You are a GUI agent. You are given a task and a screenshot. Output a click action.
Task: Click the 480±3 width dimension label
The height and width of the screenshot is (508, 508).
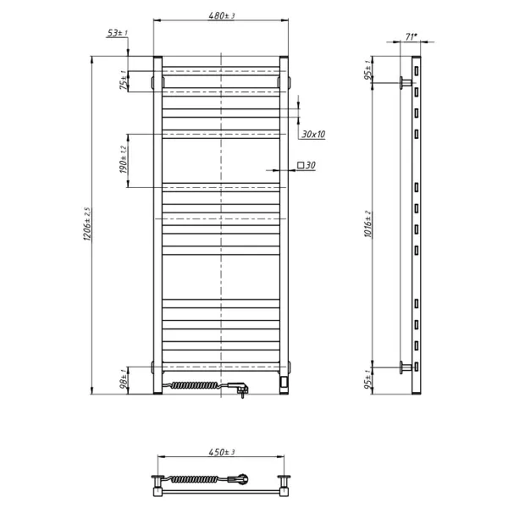[220, 15]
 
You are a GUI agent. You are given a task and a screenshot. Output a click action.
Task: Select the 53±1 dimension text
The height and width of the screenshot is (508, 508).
[116, 33]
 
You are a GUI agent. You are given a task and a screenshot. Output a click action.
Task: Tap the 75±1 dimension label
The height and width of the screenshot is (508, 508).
[123, 81]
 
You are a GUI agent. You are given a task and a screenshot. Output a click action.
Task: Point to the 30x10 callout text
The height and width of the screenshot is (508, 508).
[312, 134]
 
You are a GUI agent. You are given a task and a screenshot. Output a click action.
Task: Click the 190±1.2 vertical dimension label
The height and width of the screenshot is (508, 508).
[123, 160]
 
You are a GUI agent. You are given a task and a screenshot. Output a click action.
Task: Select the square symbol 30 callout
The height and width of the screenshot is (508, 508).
[306, 166]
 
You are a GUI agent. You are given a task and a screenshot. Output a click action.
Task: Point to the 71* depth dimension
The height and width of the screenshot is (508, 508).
[411, 37]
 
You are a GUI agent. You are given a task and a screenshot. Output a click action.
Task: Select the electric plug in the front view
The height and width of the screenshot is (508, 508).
[240, 389]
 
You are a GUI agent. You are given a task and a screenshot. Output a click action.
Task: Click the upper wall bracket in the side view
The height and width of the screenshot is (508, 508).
[406, 82]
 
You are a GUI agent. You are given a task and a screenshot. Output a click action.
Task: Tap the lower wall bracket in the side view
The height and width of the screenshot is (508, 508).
[406, 367]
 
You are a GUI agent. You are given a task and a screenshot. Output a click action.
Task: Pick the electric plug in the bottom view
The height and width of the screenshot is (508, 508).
[244, 479]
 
